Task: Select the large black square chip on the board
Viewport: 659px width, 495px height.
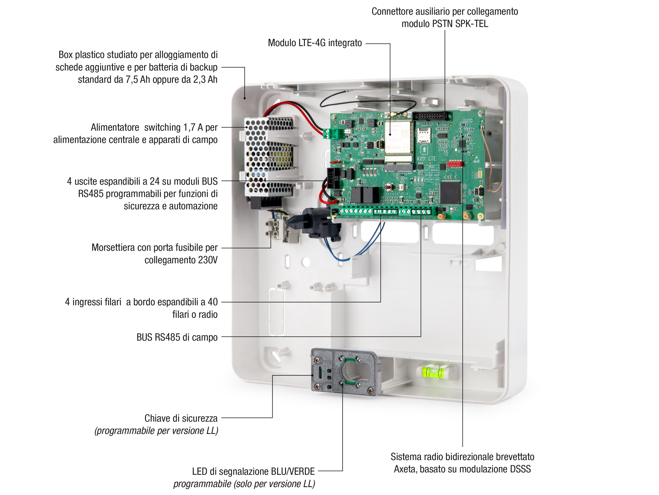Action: click(x=451, y=192)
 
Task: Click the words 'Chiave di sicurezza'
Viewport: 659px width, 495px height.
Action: click(x=181, y=418)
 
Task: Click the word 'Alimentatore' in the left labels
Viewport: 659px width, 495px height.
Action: click(x=115, y=127)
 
